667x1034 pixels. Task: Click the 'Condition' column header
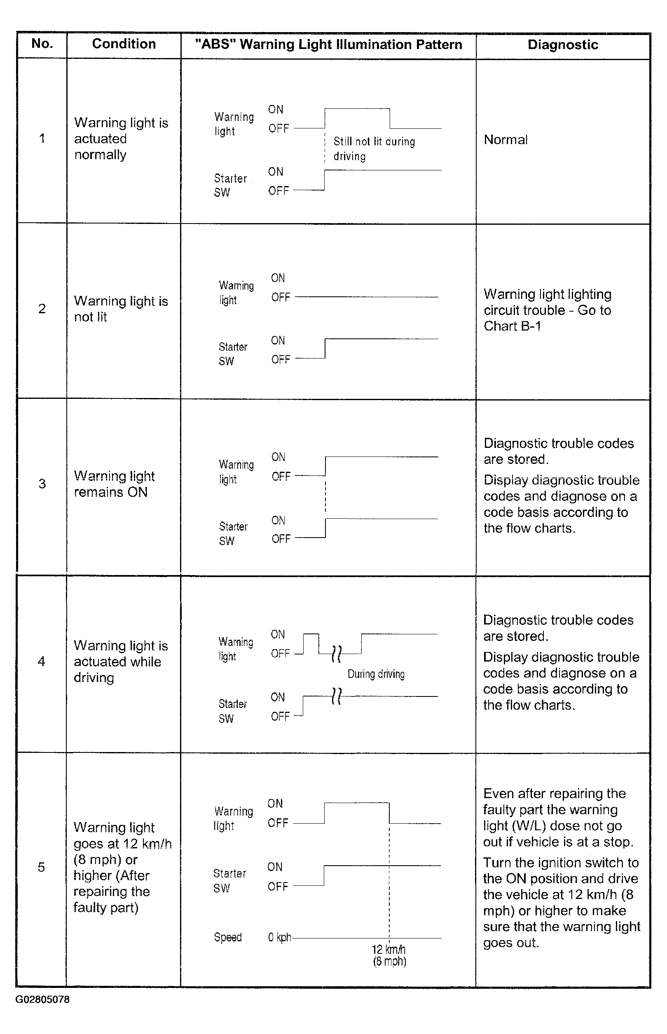coord(124,44)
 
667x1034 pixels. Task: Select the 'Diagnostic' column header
coord(563,44)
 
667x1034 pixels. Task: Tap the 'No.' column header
coord(42,44)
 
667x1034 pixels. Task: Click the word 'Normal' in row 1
coord(506,140)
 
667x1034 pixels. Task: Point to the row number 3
coord(42,483)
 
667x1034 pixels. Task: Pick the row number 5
coord(42,866)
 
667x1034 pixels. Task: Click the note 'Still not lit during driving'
coord(374,149)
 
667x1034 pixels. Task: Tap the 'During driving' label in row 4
coord(376,674)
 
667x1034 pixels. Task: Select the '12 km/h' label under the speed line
coord(388,950)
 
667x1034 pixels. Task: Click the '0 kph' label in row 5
coord(279,937)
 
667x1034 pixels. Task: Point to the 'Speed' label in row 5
coord(228,937)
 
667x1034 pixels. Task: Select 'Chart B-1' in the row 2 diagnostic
coord(513,326)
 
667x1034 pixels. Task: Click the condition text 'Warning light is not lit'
coord(120,308)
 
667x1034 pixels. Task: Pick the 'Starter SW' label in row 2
coord(233,354)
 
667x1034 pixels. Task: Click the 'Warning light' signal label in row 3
coord(236,472)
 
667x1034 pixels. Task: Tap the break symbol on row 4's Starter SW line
coord(336,696)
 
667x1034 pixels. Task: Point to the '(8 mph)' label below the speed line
coord(389,961)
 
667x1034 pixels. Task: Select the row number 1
coord(42,138)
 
